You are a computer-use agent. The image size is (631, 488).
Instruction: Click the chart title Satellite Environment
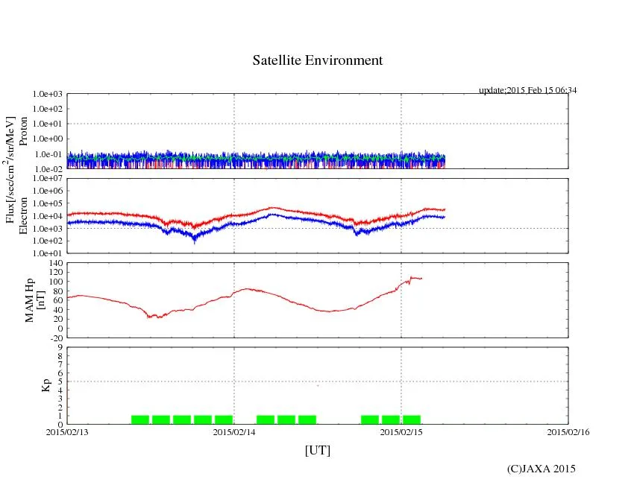click(317, 60)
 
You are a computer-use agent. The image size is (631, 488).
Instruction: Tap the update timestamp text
click(527, 90)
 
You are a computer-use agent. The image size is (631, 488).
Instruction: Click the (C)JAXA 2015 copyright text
click(541, 469)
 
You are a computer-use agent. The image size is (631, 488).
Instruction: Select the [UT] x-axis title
click(317, 450)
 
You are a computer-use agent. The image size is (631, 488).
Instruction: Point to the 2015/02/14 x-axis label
click(234, 431)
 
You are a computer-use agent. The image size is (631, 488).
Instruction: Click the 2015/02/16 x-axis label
click(568, 431)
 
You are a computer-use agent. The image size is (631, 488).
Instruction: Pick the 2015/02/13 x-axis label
click(67, 431)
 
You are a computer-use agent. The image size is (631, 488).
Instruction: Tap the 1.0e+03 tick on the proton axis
click(48, 95)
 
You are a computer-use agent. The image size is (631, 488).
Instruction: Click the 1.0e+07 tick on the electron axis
click(48, 179)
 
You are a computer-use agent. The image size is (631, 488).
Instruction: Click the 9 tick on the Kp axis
click(60, 347)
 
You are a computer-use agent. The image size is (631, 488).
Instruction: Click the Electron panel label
click(23, 216)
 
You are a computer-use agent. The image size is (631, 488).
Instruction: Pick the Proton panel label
click(23, 131)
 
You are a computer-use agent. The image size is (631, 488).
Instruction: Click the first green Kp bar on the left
click(140, 419)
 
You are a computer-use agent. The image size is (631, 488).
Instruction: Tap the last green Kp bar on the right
click(412, 419)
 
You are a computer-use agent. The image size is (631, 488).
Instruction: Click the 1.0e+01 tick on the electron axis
click(48, 253)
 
